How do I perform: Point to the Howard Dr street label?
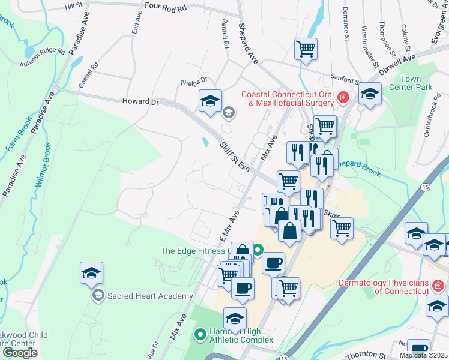[x=140, y=102]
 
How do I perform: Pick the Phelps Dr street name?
[x=193, y=80]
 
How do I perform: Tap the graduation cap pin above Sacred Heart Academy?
[x=91, y=273]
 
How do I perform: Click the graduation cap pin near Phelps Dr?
[x=210, y=100]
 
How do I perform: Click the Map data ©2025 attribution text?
[x=423, y=355]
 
